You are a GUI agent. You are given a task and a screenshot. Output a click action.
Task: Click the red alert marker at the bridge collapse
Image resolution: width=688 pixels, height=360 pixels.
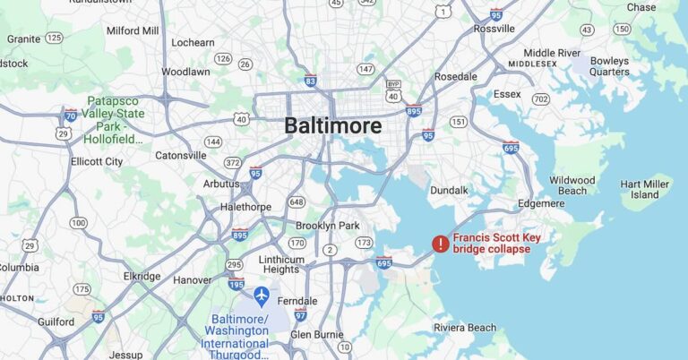coord(440,243)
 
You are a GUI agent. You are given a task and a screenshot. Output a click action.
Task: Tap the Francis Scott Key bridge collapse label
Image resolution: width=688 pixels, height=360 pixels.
coord(496,243)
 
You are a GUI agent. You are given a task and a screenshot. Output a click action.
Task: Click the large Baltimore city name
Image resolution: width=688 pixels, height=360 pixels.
coord(332,125)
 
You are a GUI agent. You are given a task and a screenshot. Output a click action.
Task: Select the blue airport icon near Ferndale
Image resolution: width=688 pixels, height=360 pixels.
coord(262,295)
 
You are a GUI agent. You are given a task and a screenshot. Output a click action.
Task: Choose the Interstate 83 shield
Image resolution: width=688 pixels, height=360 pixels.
coord(310,80)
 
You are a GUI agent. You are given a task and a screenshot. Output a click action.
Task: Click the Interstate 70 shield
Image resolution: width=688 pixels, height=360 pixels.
coord(70,115)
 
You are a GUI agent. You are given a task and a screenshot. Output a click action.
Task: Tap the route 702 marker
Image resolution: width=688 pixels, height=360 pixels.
coord(540,99)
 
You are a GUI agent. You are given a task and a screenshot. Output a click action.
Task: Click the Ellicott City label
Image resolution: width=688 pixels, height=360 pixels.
coord(97,161)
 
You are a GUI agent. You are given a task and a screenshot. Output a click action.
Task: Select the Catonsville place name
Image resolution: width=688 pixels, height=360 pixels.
coord(180,155)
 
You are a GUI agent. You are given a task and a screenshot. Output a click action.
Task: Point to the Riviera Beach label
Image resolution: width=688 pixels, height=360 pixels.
coord(464,328)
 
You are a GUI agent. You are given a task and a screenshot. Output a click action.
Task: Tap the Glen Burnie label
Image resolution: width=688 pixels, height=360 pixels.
coord(317,334)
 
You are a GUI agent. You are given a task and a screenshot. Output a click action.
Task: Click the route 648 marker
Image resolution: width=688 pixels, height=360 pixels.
coord(297,201)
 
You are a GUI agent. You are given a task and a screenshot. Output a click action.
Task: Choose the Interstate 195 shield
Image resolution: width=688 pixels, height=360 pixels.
coord(236,284)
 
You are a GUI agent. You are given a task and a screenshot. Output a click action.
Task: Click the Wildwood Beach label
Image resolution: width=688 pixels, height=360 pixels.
coord(572,185)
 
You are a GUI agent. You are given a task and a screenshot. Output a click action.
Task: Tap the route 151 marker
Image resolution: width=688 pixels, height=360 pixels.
coord(459,122)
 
